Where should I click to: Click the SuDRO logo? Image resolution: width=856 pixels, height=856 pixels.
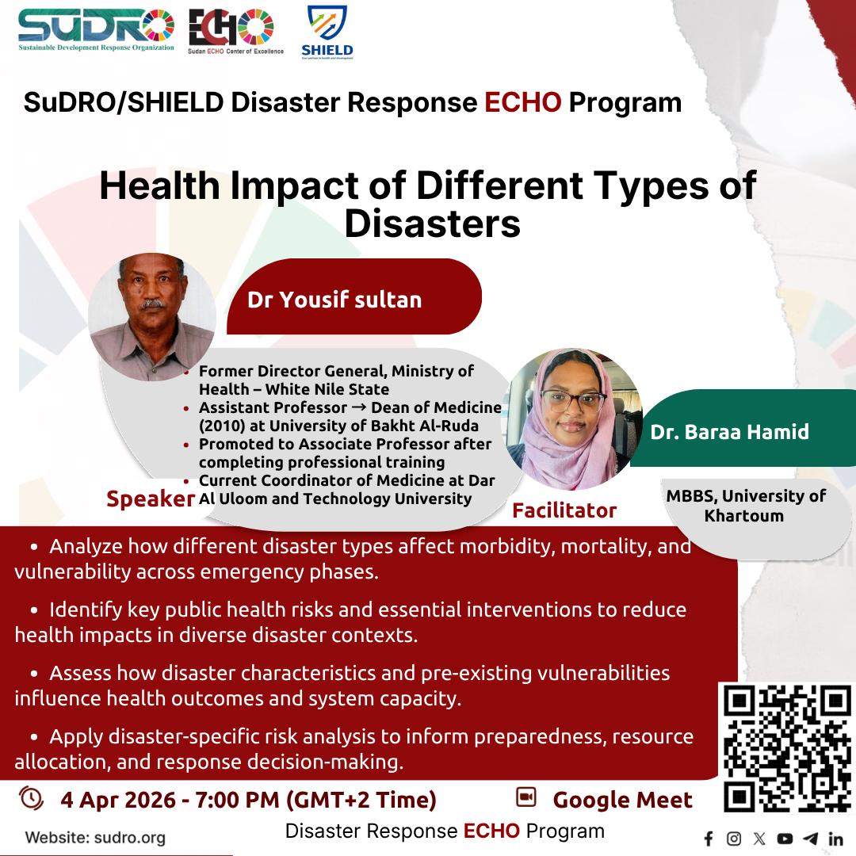pyautogui.click(x=96, y=30)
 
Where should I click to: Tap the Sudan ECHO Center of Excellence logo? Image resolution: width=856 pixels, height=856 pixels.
pyautogui.click(x=235, y=32)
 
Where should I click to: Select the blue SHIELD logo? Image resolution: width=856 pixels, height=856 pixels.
pyautogui.click(x=327, y=32)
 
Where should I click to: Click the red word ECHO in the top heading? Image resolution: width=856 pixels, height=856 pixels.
pyautogui.click(x=522, y=102)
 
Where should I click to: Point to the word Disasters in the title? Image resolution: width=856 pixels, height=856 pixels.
pyautogui.click(x=433, y=224)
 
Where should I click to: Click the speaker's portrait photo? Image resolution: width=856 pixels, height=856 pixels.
pyautogui.click(x=151, y=316)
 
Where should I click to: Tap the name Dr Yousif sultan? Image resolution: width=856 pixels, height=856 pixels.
pyautogui.click(x=334, y=300)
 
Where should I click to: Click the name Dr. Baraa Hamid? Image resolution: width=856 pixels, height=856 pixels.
pyautogui.click(x=729, y=432)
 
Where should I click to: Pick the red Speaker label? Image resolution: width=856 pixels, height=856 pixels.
pyautogui.click(x=150, y=499)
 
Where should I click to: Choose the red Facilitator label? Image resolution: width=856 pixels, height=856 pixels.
pyautogui.click(x=564, y=510)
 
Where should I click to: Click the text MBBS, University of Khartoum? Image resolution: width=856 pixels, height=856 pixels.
pyautogui.click(x=745, y=506)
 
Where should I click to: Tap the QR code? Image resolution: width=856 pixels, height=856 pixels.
pyautogui.click(x=787, y=748)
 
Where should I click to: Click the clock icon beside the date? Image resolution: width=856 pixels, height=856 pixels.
pyautogui.click(x=31, y=797)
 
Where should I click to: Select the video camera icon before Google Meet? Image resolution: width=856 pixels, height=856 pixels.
pyautogui.click(x=526, y=797)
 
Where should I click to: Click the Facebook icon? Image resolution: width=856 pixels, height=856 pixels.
pyautogui.click(x=709, y=839)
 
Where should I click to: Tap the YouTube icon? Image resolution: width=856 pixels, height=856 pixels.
pyautogui.click(x=785, y=839)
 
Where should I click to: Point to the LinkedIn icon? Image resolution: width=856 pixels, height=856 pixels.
pyautogui.click(x=835, y=839)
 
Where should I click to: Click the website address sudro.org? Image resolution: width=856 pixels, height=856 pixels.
pyautogui.click(x=130, y=838)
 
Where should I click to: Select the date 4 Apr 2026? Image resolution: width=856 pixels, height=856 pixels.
pyautogui.click(x=118, y=801)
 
